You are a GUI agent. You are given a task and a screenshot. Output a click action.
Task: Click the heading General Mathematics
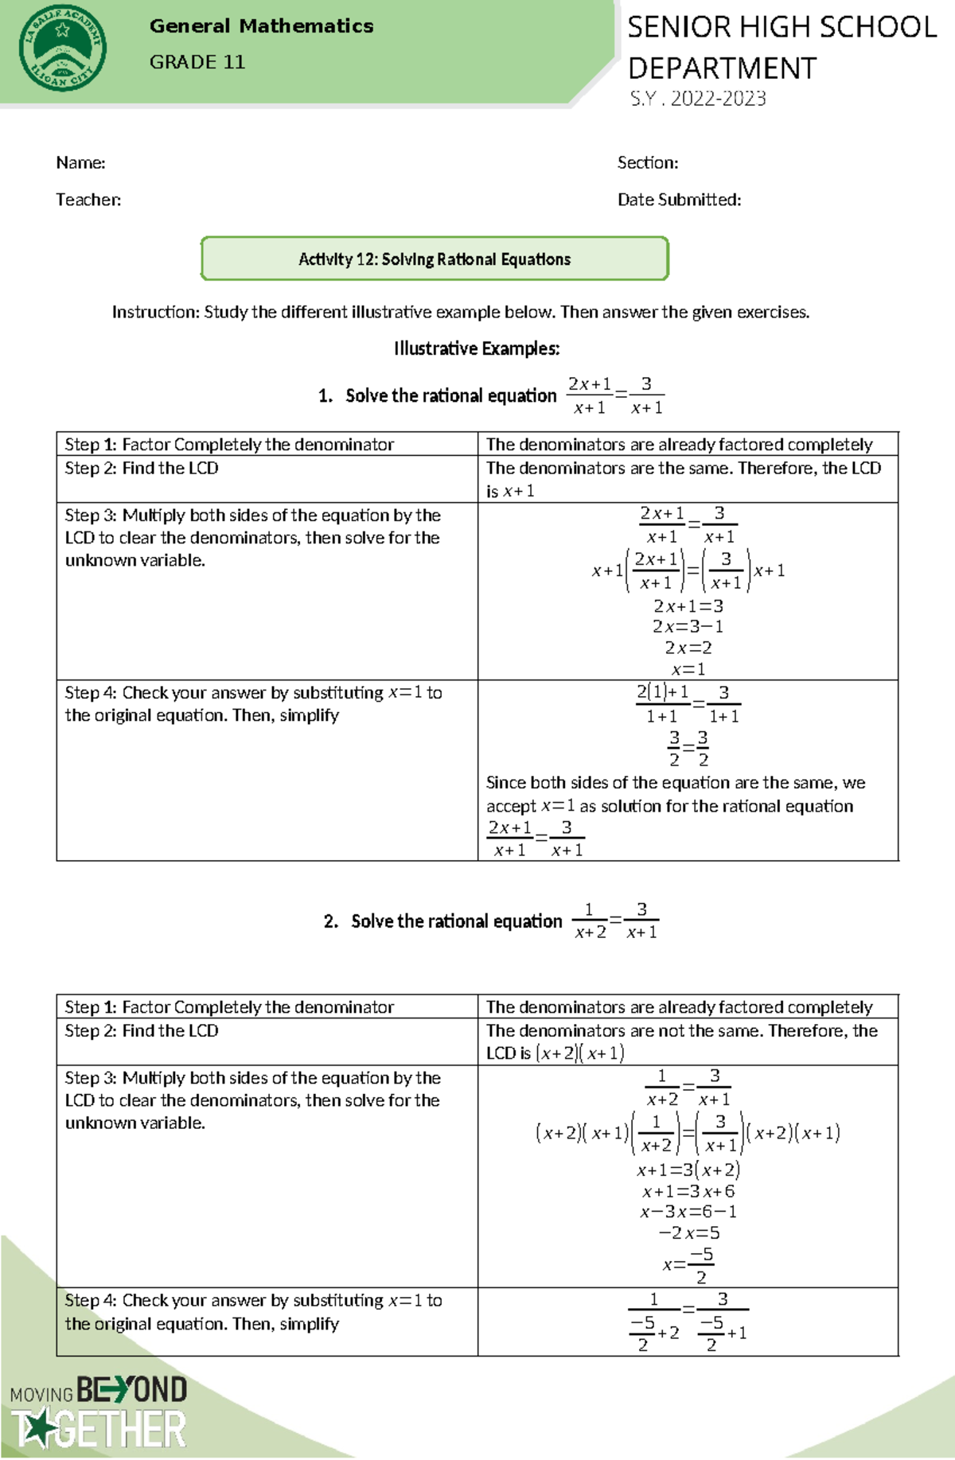click(261, 26)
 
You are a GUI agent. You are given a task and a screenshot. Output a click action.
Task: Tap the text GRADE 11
click(197, 62)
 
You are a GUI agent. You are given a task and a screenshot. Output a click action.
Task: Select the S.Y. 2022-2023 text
click(698, 99)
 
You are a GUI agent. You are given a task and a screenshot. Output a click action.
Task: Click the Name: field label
click(80, 163)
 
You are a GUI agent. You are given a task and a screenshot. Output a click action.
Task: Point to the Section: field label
click(648, 163)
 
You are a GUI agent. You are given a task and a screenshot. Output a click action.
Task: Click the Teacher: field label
click(88, 200)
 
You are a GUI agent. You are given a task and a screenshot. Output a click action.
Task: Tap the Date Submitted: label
click(679, 200)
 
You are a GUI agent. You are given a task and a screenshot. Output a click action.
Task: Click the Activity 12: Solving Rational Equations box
click(435, 259)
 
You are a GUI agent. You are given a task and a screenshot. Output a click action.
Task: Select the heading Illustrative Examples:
click(477, 348)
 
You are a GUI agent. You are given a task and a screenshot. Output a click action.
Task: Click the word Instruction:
click(156, 312)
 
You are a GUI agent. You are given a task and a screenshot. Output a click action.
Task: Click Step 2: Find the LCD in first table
click(142, 469)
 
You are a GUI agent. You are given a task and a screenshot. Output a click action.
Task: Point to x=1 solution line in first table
click(688, 669)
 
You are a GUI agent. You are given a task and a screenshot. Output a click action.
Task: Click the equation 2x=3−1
click(688, 626)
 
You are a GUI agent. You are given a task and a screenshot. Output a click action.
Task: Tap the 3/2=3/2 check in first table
click(688, 748)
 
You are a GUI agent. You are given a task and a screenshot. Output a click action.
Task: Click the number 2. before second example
click(331, 921)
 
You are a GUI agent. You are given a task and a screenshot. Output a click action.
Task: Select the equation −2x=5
click(688, 1233)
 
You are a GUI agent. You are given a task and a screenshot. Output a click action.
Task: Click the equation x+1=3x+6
click(688, 1191)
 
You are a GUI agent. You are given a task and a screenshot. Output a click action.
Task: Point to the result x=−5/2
click(688, 1264)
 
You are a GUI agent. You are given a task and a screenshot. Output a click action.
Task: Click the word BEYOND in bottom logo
click(132, 1390)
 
